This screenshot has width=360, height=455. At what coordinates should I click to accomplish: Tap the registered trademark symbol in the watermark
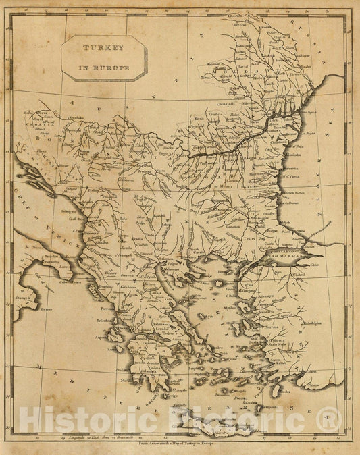[323, 421]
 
